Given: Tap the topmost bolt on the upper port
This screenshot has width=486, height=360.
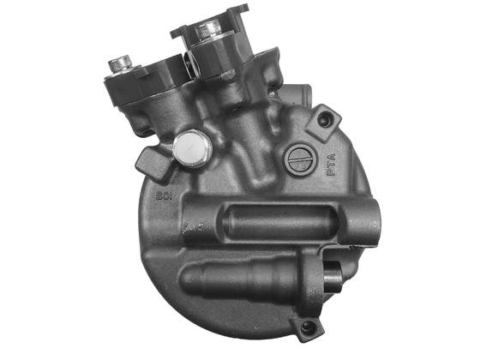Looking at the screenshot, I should click(x=208, y=32).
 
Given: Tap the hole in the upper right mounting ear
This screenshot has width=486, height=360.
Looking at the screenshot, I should click(x=324, y=122).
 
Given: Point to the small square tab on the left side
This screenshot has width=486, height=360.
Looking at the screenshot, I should click(x=147, y=160).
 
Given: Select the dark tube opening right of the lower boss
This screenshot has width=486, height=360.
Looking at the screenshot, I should click(x=332, y=276).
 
